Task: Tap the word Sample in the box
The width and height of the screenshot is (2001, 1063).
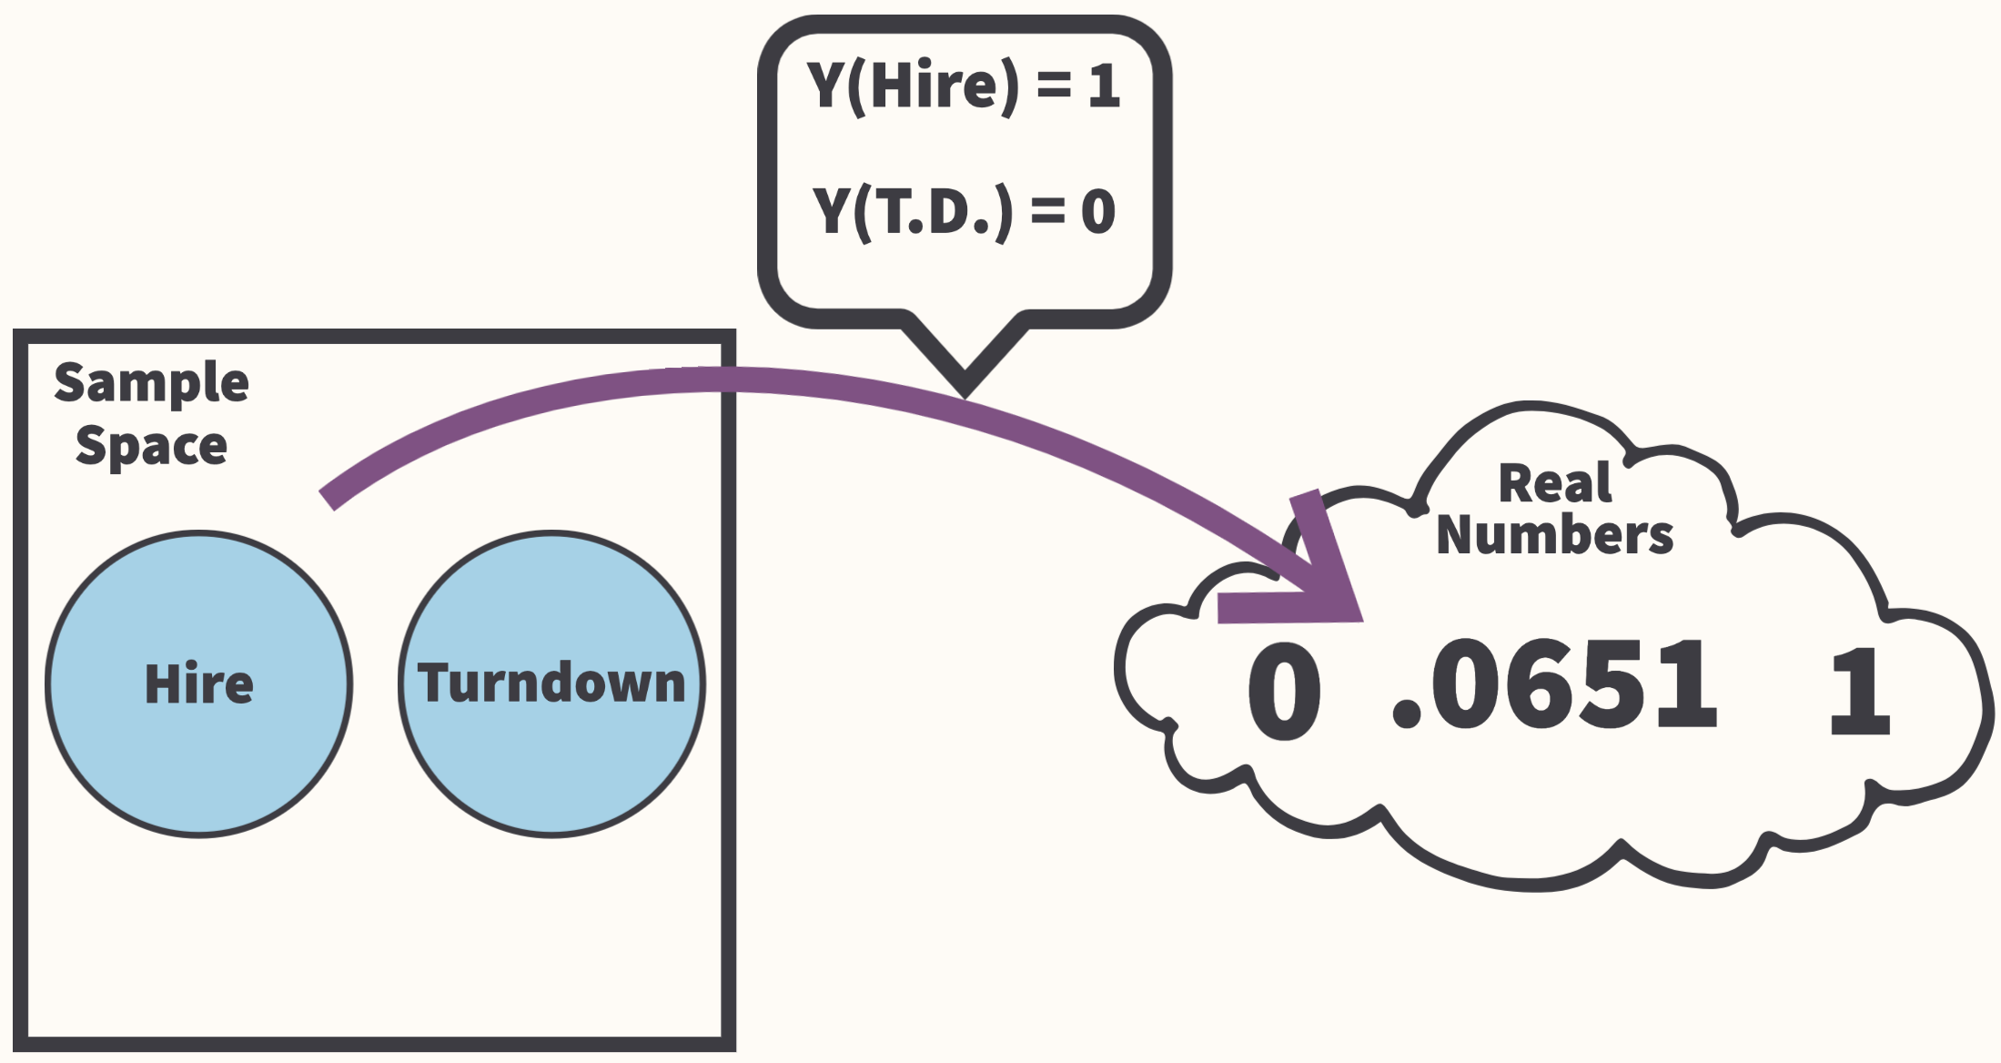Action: click(x=151, y=382)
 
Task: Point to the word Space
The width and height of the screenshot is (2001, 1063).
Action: click(x=151, y=446)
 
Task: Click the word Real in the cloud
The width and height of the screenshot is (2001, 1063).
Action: click(x=1554, y=483)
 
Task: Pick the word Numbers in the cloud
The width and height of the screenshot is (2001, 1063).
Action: click(x=1554, y=535)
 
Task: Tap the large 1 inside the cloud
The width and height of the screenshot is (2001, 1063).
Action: click(x=1859, y=692)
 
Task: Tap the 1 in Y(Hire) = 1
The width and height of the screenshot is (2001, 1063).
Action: click(x=1104, y=86)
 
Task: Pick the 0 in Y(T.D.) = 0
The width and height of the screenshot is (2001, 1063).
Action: click(x=1098, y=212)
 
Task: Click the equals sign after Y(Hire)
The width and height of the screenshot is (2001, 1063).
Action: click(x=1054, y=86)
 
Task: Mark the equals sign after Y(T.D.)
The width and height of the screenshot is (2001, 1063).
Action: click(x=1047, y=212)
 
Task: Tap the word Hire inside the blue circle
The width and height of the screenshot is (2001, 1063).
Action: click(x=198, y=684)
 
